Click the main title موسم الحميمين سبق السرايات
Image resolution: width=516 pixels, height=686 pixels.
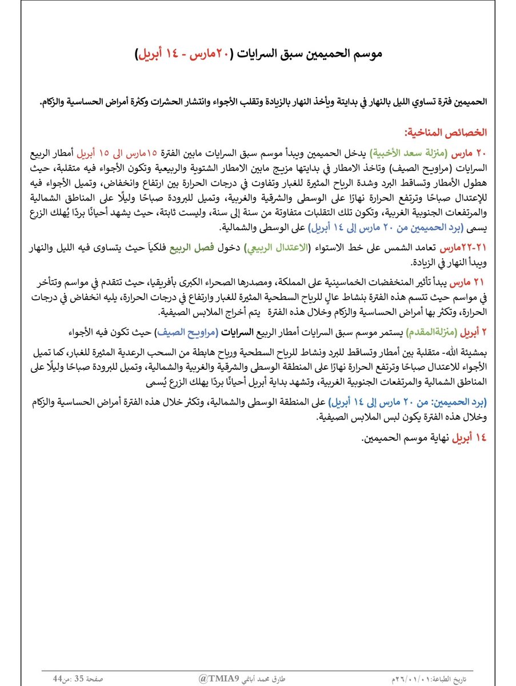pyautogui.click(x=303, y=55)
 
